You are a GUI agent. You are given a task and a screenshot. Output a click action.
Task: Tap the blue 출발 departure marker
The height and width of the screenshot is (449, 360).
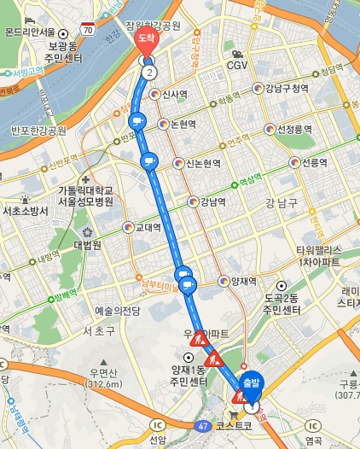pyautogui.click(x=249, y=382)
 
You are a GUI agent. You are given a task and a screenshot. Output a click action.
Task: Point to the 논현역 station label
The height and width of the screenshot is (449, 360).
pyautogui.click(x=183, y=124)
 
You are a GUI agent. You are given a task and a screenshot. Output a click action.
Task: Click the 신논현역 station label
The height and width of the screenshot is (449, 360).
pyautogui.click(x=203, y=164)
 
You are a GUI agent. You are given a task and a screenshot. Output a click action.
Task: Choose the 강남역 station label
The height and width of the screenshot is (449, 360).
pyautogui.click(x=212, y=202)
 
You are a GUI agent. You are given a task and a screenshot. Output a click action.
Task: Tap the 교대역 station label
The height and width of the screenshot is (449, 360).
pyautogui.click(x=148, y=228)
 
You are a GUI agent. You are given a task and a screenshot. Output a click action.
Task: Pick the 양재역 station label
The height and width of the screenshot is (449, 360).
pyautogui.click(x=245, y=280)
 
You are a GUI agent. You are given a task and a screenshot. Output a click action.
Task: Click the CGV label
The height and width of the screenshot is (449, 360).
pyautogui.click(x=236, y=66)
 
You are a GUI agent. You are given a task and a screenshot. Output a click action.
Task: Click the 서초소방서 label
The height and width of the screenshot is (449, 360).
pyautogui.click(x=25, y=211)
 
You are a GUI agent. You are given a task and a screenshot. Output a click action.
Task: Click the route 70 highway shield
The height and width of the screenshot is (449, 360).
pyautogui.click(x=88, y=29)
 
